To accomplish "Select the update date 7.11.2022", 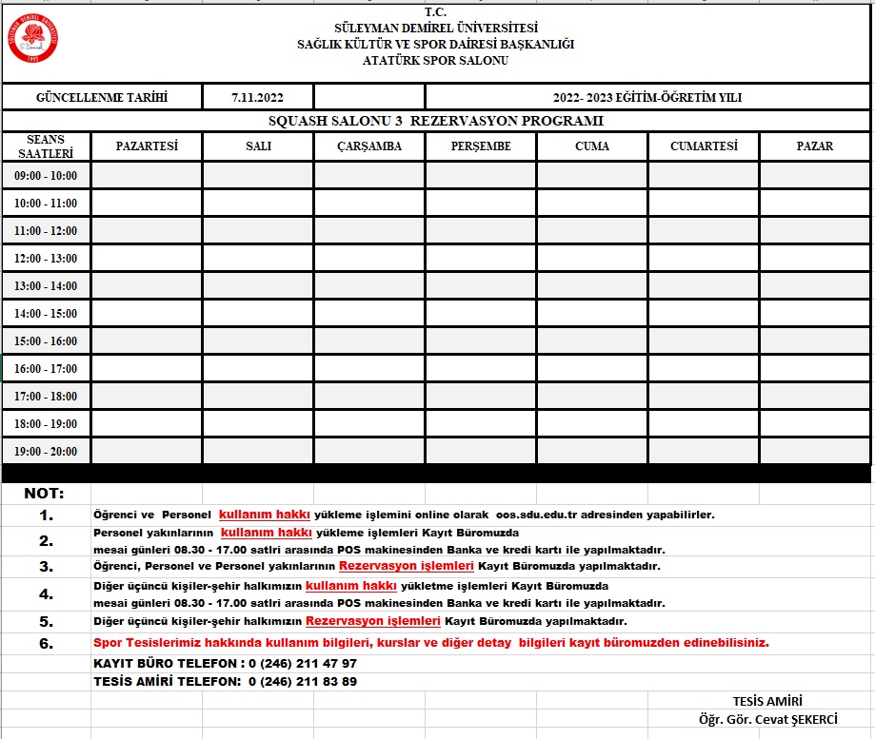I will pos(257,97).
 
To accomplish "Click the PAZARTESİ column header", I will pos(147,146).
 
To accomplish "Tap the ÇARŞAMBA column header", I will pos(369,146).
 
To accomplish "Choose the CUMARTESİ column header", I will pos(704,146).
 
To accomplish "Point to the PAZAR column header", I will pos(815,146).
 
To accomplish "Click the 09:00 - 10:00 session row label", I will pos(46,176).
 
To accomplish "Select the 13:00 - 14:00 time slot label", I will pos(46,286).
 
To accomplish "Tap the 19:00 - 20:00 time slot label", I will pos(46,452).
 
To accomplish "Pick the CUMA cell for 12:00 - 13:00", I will pos(592,259).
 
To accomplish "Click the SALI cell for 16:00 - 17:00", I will pos(258,369).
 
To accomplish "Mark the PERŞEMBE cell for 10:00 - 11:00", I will pos(481,204).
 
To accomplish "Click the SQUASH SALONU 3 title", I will pos(436,121).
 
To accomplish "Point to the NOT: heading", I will pos(45,494).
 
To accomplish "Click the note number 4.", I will pos(46,594).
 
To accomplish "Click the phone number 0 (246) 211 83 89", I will pos(303,681).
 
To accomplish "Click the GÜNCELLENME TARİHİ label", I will pos(102,97).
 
